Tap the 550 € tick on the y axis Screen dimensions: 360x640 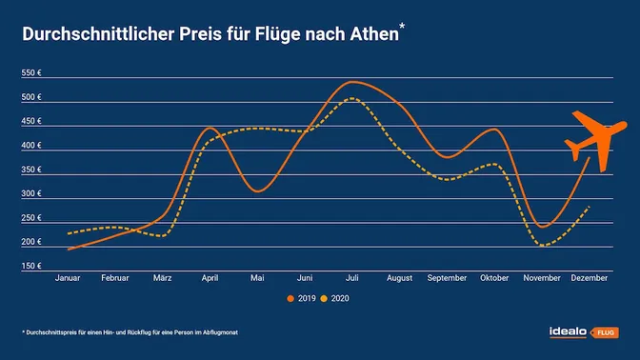31,73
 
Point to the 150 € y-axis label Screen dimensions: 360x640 31,266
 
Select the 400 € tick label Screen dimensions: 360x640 31,146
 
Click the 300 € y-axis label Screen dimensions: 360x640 31,193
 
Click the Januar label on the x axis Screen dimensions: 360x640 69,277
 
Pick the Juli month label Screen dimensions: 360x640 352,277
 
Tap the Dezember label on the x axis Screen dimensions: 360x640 589,277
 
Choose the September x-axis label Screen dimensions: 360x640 448,277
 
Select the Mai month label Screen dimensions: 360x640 257,277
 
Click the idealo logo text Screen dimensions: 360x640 570,332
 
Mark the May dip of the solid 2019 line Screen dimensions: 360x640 256,191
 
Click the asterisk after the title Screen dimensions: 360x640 402,29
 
